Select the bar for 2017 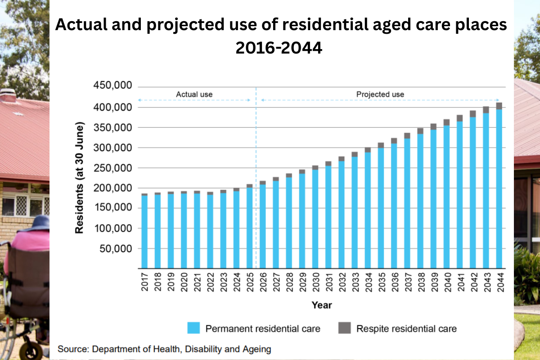[144, 232]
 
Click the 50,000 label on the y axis [115, 248]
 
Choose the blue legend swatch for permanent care [193, 328]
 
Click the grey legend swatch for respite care [344, 328]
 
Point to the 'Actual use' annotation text [194, 94]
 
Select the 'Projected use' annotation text [380, 94]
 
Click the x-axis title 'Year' [321, 306]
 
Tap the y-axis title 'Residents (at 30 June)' [80, 177]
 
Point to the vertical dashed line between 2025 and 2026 [256, 180]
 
